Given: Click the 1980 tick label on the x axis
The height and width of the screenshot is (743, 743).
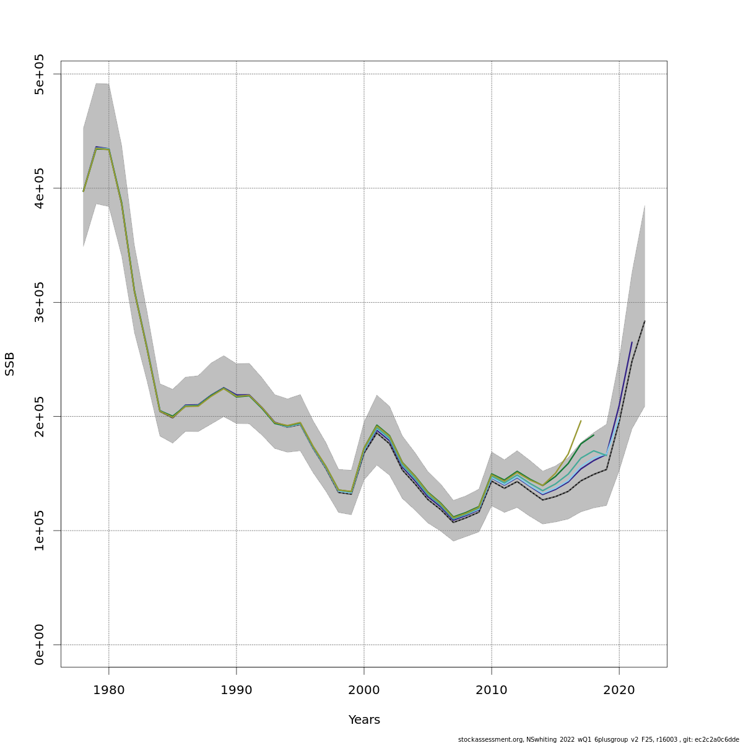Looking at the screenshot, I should coord(109,689).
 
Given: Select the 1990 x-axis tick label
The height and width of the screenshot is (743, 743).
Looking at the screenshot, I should coord(237,689).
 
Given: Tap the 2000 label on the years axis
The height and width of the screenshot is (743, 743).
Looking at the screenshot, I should coord(364,689).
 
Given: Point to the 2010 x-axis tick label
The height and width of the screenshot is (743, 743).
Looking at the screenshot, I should coord(492,689).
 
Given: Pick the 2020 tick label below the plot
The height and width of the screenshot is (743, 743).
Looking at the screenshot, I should coord(619,689).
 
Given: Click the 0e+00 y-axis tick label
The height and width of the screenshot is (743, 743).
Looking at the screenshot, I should coord(40,645).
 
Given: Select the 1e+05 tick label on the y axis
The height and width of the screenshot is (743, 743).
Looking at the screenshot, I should coord(40,531).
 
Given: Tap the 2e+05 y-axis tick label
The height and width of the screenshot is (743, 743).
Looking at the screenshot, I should coord(40,416).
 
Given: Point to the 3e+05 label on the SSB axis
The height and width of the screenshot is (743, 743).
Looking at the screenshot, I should coord(40,302).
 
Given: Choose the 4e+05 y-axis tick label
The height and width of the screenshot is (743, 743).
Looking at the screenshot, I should coord(40,188).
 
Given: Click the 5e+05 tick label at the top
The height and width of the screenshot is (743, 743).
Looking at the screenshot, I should coord(40,74).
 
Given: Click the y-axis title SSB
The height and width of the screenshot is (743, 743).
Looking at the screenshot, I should coord(10,364).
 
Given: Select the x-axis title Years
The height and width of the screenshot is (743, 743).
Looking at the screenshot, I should coord(364,719).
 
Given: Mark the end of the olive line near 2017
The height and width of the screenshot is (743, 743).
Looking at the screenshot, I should coord(581,421).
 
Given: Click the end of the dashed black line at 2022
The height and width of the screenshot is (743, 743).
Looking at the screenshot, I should coord(645,321).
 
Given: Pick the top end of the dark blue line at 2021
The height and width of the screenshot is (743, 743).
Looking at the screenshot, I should coord(632,342).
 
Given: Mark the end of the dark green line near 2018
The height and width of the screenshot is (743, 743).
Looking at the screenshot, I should coord(594,435).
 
